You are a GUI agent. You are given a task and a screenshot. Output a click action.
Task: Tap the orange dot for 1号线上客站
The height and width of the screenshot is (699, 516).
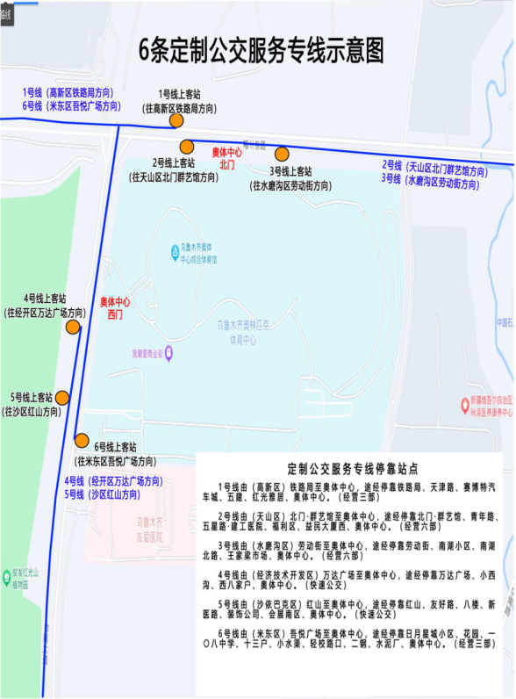pyautogui.click(x=176, y=121)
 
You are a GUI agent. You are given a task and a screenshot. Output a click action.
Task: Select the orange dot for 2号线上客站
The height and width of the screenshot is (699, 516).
pyautogui.click(x=186, y=147)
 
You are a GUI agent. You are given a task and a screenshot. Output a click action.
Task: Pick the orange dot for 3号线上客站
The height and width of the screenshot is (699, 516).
pyautogui.click(x=282, y=154)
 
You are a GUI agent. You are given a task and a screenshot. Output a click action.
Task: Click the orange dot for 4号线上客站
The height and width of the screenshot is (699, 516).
pyautogui.click(x=73, y=328)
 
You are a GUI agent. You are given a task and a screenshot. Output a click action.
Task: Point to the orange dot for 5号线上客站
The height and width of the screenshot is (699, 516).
pyautogui.click(x=62, y=399)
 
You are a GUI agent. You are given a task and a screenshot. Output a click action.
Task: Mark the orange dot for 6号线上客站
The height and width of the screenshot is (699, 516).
pyautogui.click(x=82, y=440)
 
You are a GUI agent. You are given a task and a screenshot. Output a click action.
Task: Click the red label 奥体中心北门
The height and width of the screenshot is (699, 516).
pyautogui.click(x=227, y=158)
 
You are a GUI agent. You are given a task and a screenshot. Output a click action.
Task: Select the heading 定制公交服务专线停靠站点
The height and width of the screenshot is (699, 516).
pyautogui.click(x=352, y=469)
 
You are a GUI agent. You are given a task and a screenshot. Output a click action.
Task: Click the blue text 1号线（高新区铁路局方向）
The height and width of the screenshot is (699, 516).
pyautogui.click(x=68, y=93)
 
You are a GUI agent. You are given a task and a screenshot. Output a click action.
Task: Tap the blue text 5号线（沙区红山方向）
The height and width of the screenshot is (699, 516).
pyautogui.click(x=102, y=494)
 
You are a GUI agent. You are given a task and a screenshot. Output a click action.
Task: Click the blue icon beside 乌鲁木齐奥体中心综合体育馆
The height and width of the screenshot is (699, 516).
pyautogui.click(x=175, y=253)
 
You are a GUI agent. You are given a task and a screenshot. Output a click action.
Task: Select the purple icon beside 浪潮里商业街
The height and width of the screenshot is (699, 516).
pyautogui.click(x=169, y=353)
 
